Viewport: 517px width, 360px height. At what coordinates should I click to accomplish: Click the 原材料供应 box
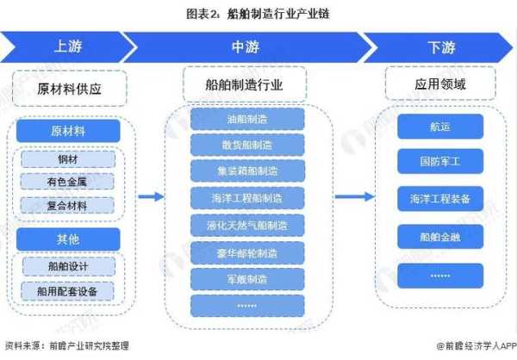tap(69, 88)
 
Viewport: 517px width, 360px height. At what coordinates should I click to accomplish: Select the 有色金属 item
tap(67, 182)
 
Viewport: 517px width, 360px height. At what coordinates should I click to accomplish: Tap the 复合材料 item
tap(67, 205)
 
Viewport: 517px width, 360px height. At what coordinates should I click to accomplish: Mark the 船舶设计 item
tap(67, 265)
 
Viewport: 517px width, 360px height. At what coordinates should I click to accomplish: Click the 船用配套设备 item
tap(67, 289)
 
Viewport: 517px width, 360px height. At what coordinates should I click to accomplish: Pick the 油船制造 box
tap(246, 120)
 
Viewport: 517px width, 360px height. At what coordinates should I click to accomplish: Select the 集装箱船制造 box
tap(246, 172)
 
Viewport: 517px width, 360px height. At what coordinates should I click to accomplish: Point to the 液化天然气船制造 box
tap(246, 226)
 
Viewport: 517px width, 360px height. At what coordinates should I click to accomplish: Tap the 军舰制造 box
tap(246, 279)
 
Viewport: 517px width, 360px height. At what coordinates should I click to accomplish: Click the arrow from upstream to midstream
tap(152, 197)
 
